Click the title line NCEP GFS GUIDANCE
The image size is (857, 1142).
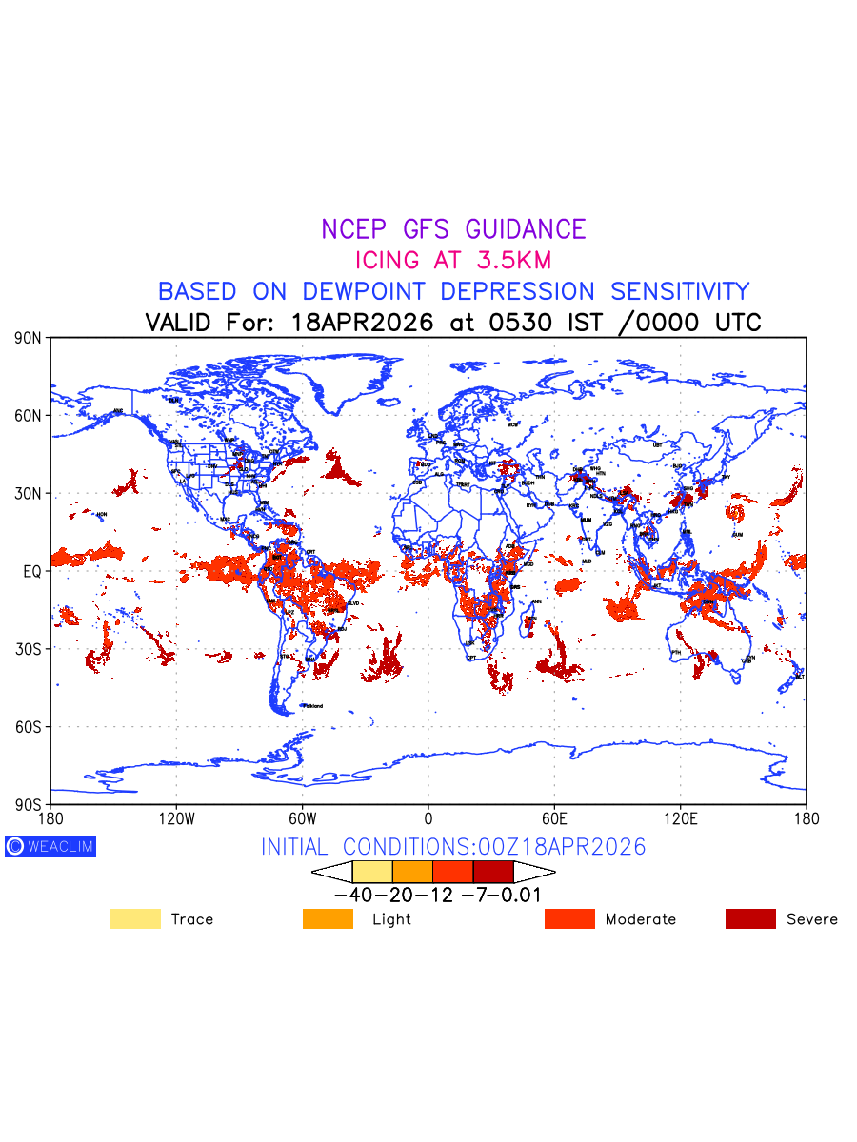coord(453,229)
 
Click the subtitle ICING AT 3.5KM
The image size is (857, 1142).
coord(453,260)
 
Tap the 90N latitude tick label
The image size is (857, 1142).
coord(28,338)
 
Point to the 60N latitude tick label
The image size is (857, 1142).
coord(28,416)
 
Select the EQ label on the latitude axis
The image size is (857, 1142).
coord(31,571)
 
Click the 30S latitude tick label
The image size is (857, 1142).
coord(28,649)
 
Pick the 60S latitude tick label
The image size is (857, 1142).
coord(28,727)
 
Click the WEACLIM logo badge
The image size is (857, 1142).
coord(50,846)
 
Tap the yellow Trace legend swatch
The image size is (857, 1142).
coord(135,918)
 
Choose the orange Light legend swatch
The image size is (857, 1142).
coord(328,918)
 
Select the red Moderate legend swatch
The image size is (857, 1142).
coord(569,918)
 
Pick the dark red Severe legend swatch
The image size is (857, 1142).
coord(750,918)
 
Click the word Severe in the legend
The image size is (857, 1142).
coord(812,919)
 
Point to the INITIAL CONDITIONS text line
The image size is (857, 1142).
coord(453,846)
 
